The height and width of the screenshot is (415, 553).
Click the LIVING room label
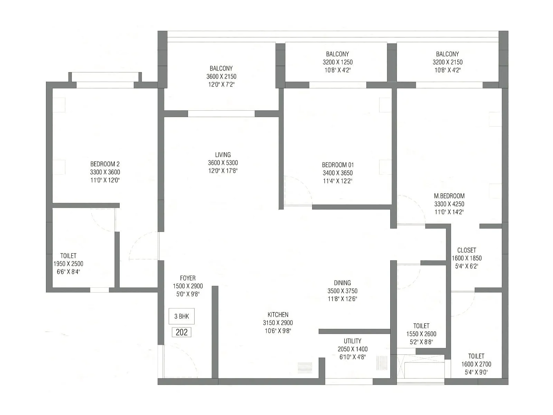click(223, 155)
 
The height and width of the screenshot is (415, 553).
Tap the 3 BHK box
click(181, 316)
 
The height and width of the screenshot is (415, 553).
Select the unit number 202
click(181, 332)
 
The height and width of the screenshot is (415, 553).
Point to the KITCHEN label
click(278, 314)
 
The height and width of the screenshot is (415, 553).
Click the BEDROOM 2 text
click(105, 164)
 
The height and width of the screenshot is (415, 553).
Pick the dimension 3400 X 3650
click(338, 173)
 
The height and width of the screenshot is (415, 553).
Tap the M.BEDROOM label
click(449, 196)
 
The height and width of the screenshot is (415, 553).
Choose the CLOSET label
click(467, 250)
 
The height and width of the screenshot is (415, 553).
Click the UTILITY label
click(353, 341)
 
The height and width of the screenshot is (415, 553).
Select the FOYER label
click(188, 278)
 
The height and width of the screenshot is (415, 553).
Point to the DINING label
click(342, 283)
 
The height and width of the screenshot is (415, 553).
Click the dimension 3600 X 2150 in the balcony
click(221, 76)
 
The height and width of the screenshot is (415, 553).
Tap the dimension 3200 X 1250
click(338, 62)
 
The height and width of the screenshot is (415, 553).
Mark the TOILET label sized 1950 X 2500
click(68, 256)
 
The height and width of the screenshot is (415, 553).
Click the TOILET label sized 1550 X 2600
click(421, 326)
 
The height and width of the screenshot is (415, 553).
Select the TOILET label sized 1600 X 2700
click(476, 356)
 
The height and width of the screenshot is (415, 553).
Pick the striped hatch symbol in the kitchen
click(304, 367)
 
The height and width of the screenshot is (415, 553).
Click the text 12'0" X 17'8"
click(223, 171)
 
